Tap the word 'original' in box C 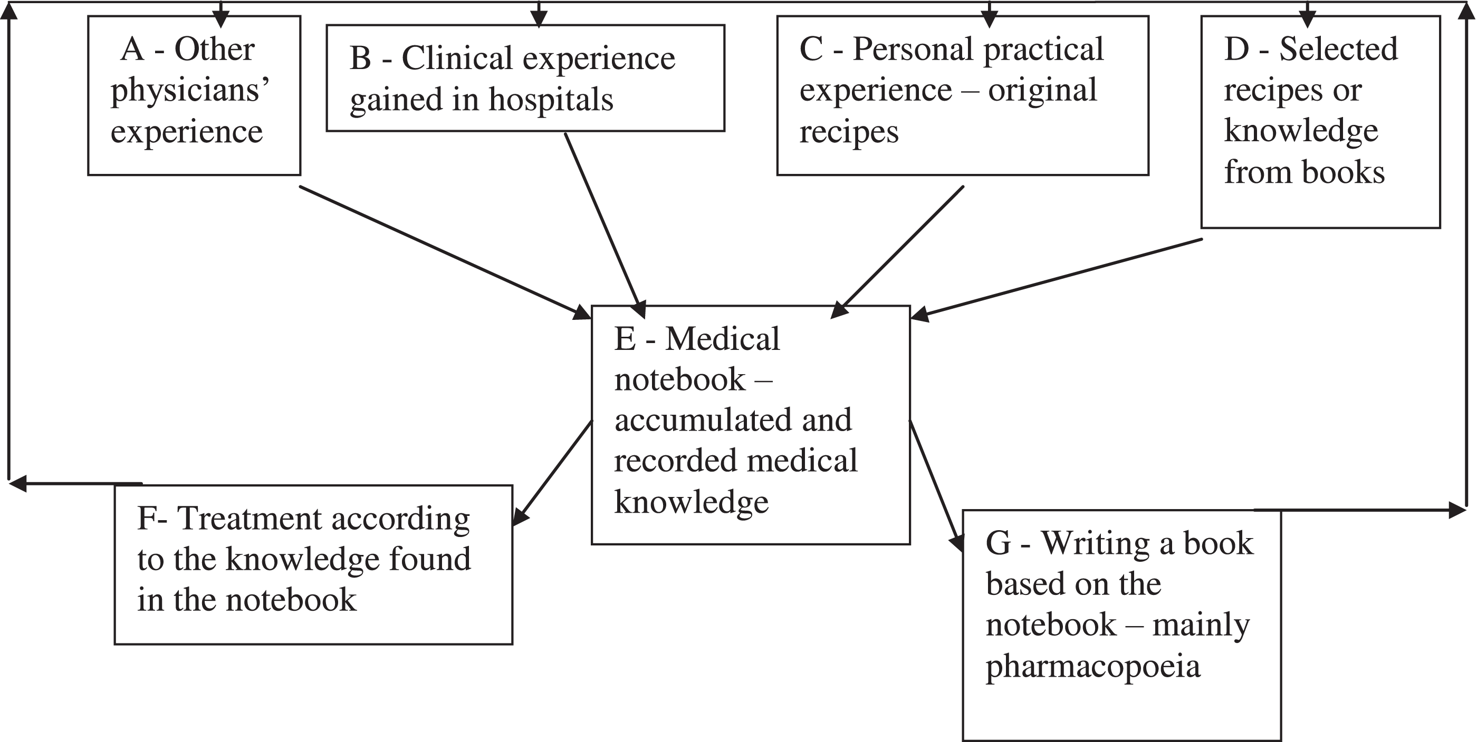click(x=1042, y=91)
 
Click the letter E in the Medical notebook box click(x=625, y=339)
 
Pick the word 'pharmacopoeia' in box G click(x=1092, y=666)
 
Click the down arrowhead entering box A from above click(x=220, y=20)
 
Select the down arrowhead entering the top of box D click(x=1307, y=20)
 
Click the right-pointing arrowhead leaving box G click(x=1456, y=510)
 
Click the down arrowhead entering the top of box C click(x=989, y=20)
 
